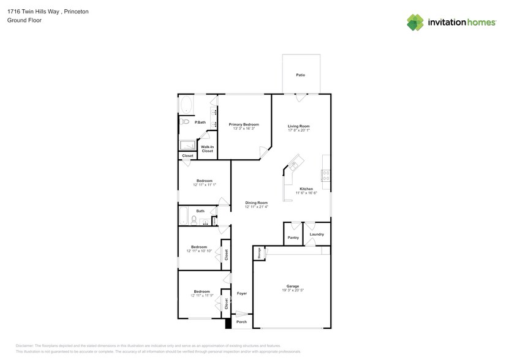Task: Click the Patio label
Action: (x=300, y=75)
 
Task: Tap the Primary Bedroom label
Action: (x=244, y=124)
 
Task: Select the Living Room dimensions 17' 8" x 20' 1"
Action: (x=299, y=130)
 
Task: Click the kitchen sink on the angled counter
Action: (x=293, y=165)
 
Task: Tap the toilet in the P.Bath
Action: (x=185, y=122)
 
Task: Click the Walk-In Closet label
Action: (x=208, y=149)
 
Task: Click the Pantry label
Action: (x=293, y=237)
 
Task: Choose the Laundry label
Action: (x=317, y=234)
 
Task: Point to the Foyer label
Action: (x=242, y=293)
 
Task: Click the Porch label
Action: (x=242, y=321)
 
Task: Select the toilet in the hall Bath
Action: (x=194, y=220)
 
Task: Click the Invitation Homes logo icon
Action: (x=415, y=22)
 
